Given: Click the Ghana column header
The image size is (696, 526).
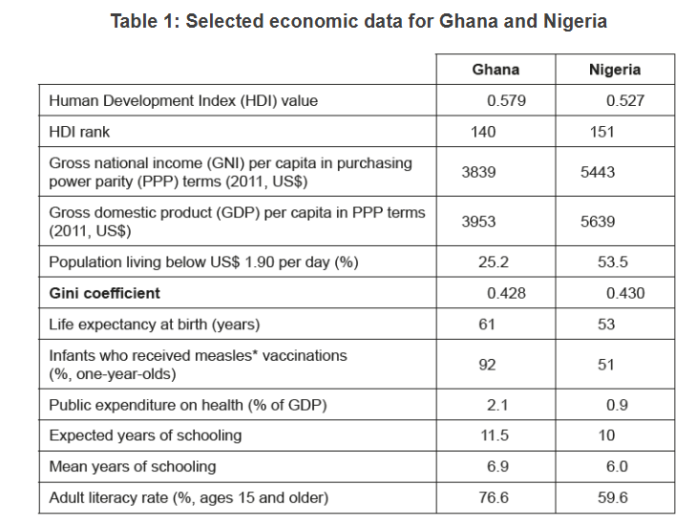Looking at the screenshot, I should tap(496, 70).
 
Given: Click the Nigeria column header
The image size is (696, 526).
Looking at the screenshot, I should tap(615, 70).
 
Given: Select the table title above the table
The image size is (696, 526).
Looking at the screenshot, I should tap(358, 21).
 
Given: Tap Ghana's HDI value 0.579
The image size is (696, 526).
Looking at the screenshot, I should tap(506, 100).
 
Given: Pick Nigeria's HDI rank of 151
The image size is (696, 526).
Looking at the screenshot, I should tap(601, 132).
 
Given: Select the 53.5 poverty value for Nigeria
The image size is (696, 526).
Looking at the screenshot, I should tap(604, 262).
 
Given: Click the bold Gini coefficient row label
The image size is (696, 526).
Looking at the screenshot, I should tap(104, 293).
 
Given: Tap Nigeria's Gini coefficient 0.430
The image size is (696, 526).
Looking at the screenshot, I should tap(625, 293).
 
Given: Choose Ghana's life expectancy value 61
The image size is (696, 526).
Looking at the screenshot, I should tap(487, 325).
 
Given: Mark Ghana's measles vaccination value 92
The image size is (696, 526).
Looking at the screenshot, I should tap(487, 364).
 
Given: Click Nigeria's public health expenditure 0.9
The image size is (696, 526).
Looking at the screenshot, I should tap(617, 405).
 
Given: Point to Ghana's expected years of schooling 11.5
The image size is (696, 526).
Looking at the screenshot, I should tap(496, 435).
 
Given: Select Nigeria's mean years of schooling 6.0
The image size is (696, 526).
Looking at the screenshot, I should tap(617, 467).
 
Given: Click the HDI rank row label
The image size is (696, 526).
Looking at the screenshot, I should tap(81, 132).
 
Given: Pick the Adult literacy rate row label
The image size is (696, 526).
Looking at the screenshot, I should tap(188, 497).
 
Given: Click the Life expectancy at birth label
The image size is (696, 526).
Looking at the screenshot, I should tap(154, 325).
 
